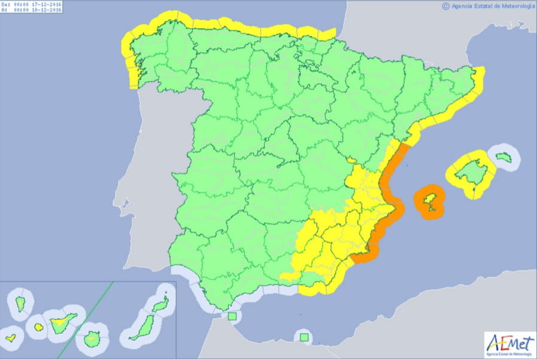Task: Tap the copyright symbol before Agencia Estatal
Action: click(445, 6)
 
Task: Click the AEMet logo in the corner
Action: click(508, 344)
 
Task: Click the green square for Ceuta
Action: click(232, 316)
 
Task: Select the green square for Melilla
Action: click(305, 338)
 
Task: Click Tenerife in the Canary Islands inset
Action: click(62, 324)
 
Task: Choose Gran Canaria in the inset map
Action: click(91, 340)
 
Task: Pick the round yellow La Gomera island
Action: click(38, 327)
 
